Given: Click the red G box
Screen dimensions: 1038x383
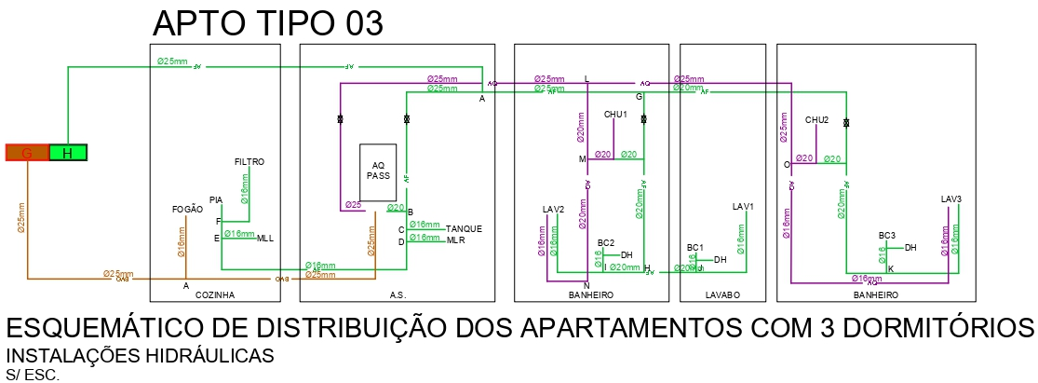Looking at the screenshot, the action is (27, 153).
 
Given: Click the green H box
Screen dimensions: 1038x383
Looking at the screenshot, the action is (68, 153).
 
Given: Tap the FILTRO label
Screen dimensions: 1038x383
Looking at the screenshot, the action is (249, 162).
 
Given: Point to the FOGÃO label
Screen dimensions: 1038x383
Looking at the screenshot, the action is (187, 210).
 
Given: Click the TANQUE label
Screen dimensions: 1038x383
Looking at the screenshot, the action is (465, 228).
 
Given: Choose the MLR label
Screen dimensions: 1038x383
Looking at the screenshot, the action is (455, 240).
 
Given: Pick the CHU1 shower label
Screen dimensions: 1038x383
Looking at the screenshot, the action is (615, 115).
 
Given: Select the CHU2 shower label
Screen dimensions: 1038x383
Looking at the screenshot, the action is (816, 120).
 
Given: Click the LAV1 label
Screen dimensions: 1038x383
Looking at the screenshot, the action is (743, 206).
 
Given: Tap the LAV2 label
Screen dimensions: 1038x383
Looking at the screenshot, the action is (554, 209).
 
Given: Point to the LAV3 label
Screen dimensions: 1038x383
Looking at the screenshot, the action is (950, 199).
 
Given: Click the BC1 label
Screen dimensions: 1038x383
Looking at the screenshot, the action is (694, 247).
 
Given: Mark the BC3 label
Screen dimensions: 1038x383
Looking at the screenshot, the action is (886, 236).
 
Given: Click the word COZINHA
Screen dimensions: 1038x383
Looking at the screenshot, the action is (215, 294).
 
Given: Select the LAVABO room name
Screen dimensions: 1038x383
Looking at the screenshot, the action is (722, 294).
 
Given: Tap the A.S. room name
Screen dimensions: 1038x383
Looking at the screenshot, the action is (398, 294).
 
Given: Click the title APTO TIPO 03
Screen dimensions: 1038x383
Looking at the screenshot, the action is (267, 22).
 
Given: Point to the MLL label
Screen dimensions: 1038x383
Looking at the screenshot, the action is (265, 239).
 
